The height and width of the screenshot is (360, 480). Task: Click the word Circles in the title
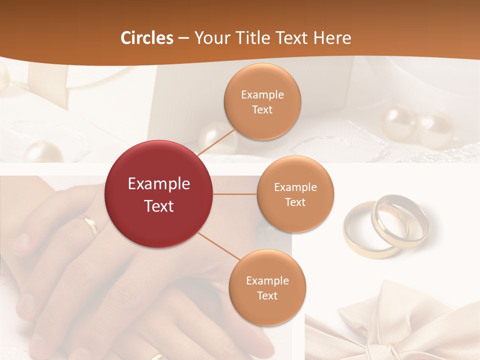pos(146,38)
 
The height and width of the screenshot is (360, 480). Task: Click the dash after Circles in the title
pos(183,38)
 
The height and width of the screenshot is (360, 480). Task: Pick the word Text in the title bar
pos(293,38)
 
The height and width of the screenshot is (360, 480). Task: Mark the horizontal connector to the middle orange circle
pos(235,194)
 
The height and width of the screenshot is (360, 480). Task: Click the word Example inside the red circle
pos(159,184)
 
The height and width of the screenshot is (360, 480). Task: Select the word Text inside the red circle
pos(159,206)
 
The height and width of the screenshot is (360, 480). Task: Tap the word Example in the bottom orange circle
pos(267,280)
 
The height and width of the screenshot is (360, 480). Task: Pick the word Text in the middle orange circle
pos(295,202)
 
